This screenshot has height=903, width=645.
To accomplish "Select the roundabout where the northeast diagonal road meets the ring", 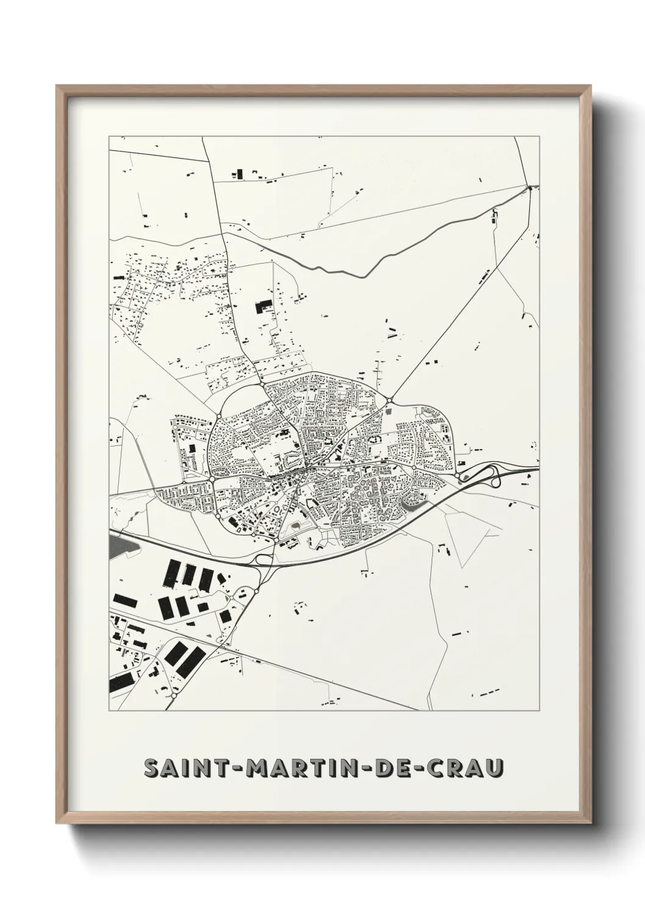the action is coord(389,400).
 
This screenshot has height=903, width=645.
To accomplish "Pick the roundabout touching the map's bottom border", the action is coord(174,694).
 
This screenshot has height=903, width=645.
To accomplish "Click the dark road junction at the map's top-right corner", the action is coord(530,187).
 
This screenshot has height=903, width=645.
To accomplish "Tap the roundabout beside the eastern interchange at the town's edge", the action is coord(457,476).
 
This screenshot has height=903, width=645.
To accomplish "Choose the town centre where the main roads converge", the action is coord(307,468).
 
